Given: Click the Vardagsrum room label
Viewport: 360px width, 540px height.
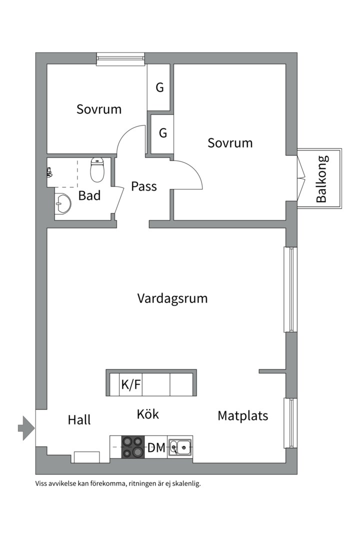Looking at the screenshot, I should pyautogui.click(x=172, y=298).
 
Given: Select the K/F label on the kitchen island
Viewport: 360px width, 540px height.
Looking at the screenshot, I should pyautogui.click(x=131, y=385).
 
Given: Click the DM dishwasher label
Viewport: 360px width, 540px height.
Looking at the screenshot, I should pyautogui.click(x=156, y=448).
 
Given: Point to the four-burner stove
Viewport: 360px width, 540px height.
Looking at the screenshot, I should pyautogui.click(x=133, y=447).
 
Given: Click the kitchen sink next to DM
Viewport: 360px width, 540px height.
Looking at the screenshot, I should pyautogui.click(x=180, y=447).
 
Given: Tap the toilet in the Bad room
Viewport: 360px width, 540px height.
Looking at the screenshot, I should pyautogui.click(x=97, y=170).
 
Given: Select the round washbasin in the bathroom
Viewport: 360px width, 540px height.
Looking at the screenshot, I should pyautogui.click(x=63, y=203).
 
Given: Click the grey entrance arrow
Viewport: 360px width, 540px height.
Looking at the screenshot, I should pyautogui.click(x=26, y=428).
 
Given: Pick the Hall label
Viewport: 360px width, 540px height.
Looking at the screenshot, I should pyautogui.click(x=79, y=420).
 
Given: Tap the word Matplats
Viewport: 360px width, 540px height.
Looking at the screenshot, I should pyautogui.click(x=242, y=415).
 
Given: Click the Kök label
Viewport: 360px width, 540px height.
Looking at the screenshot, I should pyautogui.click(x=147, y=414).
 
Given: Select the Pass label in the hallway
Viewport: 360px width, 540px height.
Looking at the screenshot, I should pyautogui.click(x=144, y=186).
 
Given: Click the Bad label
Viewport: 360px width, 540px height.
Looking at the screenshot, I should pyautogui.click(x=89, y=195).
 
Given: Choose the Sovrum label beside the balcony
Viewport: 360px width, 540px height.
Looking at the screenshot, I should pyautogui.click(x=230, y=143).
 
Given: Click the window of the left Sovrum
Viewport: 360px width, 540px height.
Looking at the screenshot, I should pyautogui.click(x=120, y=59).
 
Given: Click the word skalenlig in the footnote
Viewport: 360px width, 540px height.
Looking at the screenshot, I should pyautogui.click(x=184, y=483).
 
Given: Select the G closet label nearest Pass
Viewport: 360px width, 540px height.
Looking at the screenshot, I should pyautogui.click(x=162, y=133).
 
